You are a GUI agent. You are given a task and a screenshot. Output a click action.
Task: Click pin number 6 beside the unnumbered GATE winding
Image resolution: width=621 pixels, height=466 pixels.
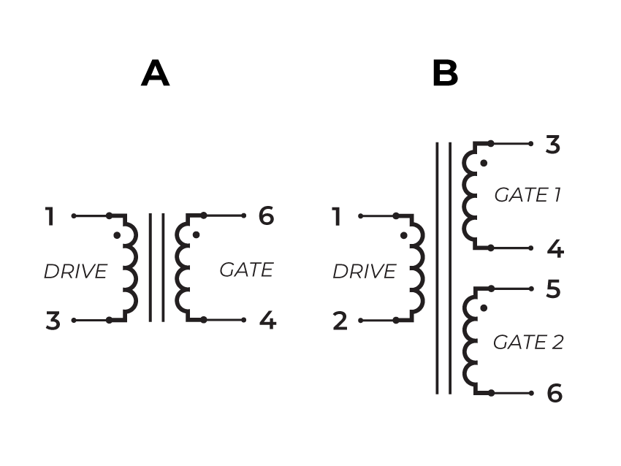click(267, 216)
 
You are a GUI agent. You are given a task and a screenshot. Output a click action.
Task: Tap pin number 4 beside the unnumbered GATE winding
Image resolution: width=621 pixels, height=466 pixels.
click(268, 320)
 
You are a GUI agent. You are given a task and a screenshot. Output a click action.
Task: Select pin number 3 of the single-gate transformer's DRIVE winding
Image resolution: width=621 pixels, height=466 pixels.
click(53, 321)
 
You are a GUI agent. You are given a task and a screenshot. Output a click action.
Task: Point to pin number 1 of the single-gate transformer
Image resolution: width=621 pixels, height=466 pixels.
click(50, 217)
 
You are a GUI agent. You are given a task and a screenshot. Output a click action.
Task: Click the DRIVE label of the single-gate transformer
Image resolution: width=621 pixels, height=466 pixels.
click(75, 272)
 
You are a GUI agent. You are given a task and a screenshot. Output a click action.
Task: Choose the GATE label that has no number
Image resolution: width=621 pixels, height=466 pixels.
click(246, 270)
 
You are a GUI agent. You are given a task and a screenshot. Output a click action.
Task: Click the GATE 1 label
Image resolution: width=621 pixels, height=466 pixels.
click(527, 195)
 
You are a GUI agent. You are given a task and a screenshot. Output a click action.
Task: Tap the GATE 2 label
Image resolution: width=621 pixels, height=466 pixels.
click(528, 342)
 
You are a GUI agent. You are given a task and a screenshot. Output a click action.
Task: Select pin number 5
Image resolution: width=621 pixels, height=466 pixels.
click(553, 290)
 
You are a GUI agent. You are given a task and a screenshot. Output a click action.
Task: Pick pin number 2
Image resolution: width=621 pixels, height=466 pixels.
click(340, 321)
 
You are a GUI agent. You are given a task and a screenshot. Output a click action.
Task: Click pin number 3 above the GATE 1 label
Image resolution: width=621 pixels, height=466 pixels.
click(553, 145)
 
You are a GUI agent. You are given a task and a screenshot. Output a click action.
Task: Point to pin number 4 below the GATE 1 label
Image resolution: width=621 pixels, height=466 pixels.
click(555, 249)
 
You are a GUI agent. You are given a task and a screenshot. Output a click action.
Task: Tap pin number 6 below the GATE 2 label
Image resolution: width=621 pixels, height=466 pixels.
click(555, 394)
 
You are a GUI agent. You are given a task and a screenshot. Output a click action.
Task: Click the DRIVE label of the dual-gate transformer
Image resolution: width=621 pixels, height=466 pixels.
click(364, 272)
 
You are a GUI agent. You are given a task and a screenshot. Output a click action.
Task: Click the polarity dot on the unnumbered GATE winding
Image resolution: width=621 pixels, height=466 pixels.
click(196, 235)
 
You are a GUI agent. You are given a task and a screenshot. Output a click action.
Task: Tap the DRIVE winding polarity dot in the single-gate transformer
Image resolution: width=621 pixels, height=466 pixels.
click(116, 235)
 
